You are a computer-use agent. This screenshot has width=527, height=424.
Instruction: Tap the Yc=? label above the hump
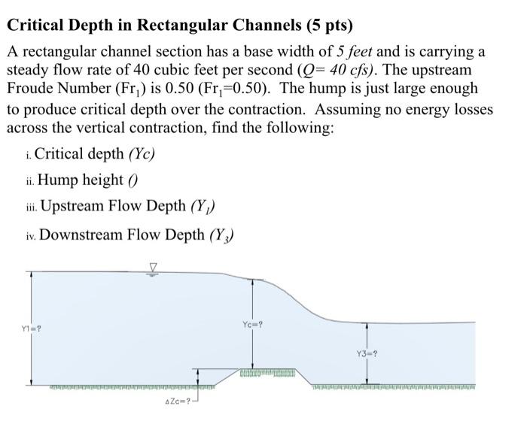(x=254, y=325)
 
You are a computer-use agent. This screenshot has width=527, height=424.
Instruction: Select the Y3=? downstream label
(x=367, y=353)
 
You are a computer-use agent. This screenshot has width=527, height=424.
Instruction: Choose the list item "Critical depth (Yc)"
(x=94, y=154)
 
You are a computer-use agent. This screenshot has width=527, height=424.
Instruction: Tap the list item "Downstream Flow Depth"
(x=129, y=235)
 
